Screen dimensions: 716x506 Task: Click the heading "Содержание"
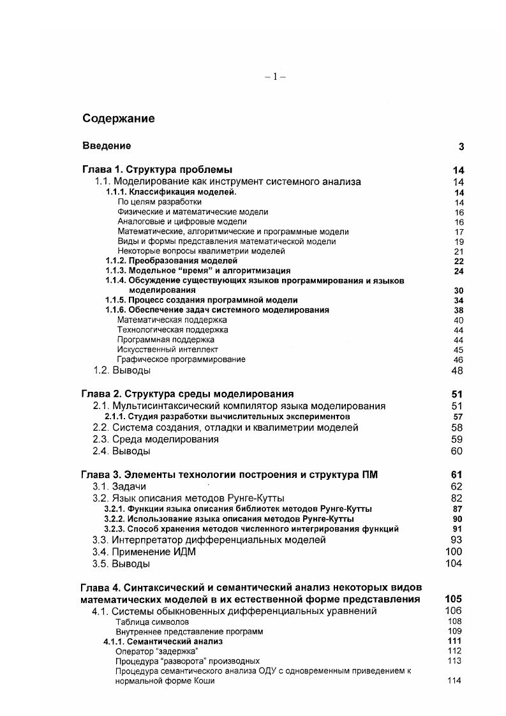pos(118,119)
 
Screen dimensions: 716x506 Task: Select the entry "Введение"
pos(107,146)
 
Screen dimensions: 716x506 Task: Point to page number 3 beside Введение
pos(461,147)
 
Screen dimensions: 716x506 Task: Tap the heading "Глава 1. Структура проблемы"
pos(157,170)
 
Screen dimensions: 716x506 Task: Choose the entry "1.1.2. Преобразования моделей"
pos(171,261)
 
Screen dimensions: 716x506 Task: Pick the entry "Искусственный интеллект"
pos(167,350)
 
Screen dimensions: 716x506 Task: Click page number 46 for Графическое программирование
pos(458,360)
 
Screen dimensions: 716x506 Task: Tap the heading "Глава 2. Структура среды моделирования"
pos(188,394)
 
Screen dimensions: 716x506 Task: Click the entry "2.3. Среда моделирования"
pos(155,440)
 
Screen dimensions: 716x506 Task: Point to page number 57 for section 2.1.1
pos(458,417)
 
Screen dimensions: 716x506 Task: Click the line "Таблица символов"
pos(152,622)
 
